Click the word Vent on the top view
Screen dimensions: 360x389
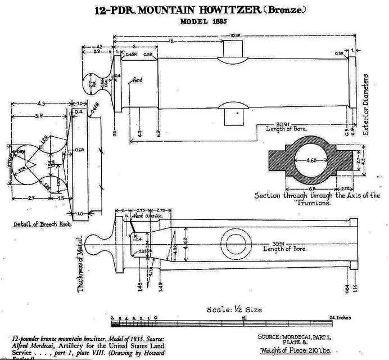coord(135,81)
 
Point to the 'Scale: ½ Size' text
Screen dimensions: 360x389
coord(234,309)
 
